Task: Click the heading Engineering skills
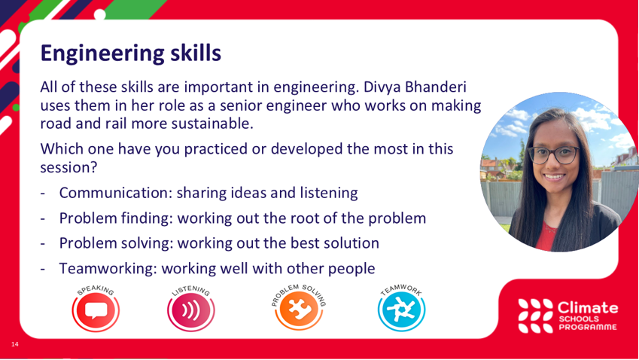click(x=131, y=53)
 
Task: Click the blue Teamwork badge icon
click(x=401, y=309)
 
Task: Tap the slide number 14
click(x=15, y=344)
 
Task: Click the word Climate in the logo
click(x=588, y=307)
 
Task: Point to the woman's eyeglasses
click(x=554, y=155)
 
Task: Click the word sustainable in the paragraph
click(x=212, y=123)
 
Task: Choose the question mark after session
click(x=94, y=167)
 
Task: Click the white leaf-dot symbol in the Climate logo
click(x=535, y=316)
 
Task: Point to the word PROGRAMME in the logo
click(x=588, y=327)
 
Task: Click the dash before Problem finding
click(x=43, y=219)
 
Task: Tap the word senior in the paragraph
click(x=241, y=105)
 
